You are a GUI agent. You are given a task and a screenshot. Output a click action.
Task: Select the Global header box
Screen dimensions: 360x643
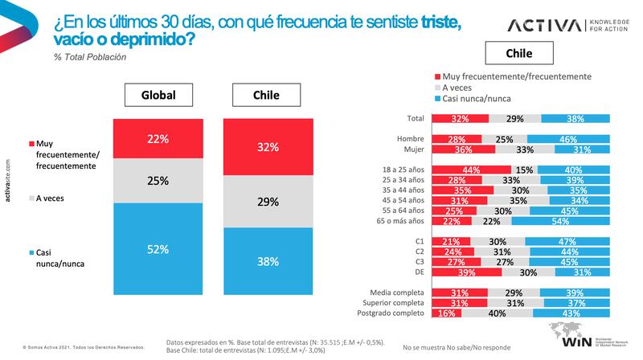click(x=158, y=95)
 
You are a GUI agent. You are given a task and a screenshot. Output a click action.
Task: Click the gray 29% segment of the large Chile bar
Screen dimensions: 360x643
click(x=268, y=202)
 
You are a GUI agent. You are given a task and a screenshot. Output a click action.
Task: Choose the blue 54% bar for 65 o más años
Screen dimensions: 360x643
click(x=580, y=220)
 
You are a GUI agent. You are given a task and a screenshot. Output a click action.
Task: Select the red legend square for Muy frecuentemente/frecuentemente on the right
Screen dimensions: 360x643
click(x=436, y=76)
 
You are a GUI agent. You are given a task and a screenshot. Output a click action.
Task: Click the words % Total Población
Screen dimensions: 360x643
click(x=90, y=57)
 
